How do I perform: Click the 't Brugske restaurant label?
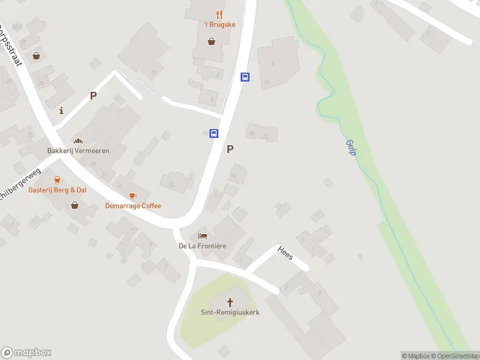[220, 25]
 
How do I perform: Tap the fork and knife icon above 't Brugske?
[220, 14]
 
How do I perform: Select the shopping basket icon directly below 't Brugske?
[212, 41]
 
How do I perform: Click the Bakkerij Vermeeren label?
[79, 151]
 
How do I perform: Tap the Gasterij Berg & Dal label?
[58, 190]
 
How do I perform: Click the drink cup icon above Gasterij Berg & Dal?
[58, 179]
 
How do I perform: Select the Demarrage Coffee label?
[133, 206]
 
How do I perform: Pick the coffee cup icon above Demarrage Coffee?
[133, 196]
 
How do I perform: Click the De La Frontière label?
[202, 246]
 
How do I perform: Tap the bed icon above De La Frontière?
[202, 236]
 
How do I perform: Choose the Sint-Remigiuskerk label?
[229, 313]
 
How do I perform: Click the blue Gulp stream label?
[351, 148]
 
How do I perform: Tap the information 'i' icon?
[61, 110]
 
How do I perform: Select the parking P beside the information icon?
[93, 95]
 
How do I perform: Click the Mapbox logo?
[26, 352]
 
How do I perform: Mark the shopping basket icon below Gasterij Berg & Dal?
[74, 205]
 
